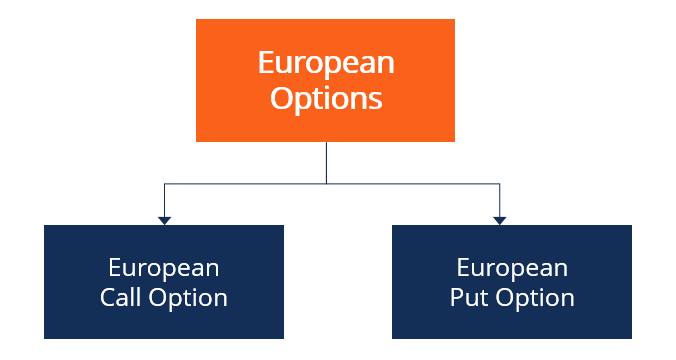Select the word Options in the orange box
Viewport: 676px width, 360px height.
click(x=325, y=98)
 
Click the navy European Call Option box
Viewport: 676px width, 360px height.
click(x=164, y=282)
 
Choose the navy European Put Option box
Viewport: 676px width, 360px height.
click(x=511, y=282)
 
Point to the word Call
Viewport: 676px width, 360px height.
click(x=121, y=298)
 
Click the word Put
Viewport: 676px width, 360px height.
click(x=467, y=298)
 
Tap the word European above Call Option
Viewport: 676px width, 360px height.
click(x=164, y=268)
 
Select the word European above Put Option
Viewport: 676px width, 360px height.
click(x=512, y=268)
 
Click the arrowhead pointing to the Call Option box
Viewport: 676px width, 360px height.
click(x=164, y=220)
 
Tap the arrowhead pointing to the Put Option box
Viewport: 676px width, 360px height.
click(x=500, y=220)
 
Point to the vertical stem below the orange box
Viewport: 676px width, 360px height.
click(x=326, y=162)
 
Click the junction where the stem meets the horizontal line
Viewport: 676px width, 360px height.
click(x=326, y=183)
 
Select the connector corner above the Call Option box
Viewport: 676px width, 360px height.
click(x=164, y=183)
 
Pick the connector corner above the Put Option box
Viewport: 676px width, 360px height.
click(x=500, y=183)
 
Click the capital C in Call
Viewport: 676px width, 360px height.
click(x=107, y=298)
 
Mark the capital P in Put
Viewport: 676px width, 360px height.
click(x=456, y=298)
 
